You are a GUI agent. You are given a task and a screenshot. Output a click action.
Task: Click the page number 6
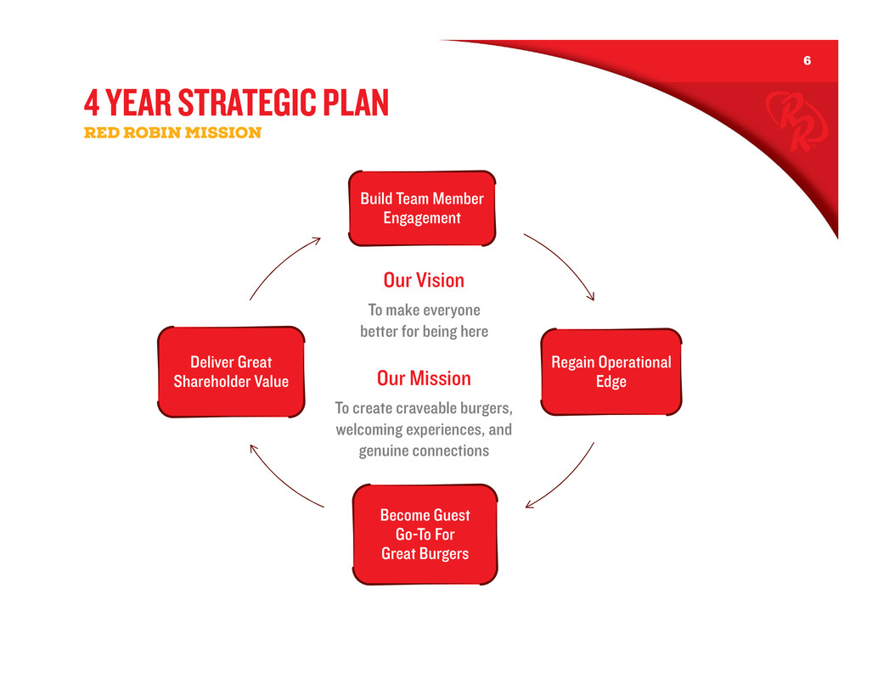coord(807,60)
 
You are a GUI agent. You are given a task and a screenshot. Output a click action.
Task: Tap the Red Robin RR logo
coord(796,121)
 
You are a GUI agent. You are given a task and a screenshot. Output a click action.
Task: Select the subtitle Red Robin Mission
coord(172,132)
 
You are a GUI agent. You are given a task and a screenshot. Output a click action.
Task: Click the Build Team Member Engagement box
coord(422,208)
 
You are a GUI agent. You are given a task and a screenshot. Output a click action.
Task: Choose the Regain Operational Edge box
coord(611,372)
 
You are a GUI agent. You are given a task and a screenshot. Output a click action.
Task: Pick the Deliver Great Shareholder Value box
coord(231,372)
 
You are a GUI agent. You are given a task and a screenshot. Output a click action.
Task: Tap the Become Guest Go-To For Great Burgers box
coord(425,535)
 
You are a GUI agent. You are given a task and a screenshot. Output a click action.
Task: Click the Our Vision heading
coord(424,280)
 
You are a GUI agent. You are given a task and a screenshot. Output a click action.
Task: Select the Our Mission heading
coord(424,378)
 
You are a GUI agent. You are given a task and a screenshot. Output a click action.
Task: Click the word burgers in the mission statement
coord(486,409)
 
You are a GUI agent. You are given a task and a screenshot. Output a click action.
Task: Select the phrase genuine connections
coord(424,451)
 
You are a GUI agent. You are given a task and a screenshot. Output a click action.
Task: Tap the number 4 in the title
coord(92,103)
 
